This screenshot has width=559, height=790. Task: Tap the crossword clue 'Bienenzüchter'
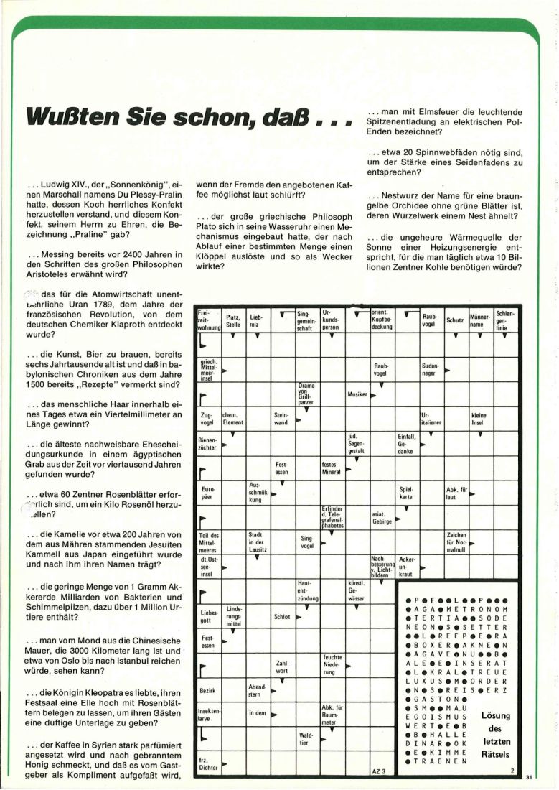(x=207, y=442)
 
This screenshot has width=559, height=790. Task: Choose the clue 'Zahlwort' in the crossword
(x=282, y=666)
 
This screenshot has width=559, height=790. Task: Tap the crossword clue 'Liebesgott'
(x=208, y=615)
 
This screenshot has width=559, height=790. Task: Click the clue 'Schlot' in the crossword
(x=282, y=615)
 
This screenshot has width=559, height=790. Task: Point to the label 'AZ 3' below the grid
(x=380, y=771)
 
